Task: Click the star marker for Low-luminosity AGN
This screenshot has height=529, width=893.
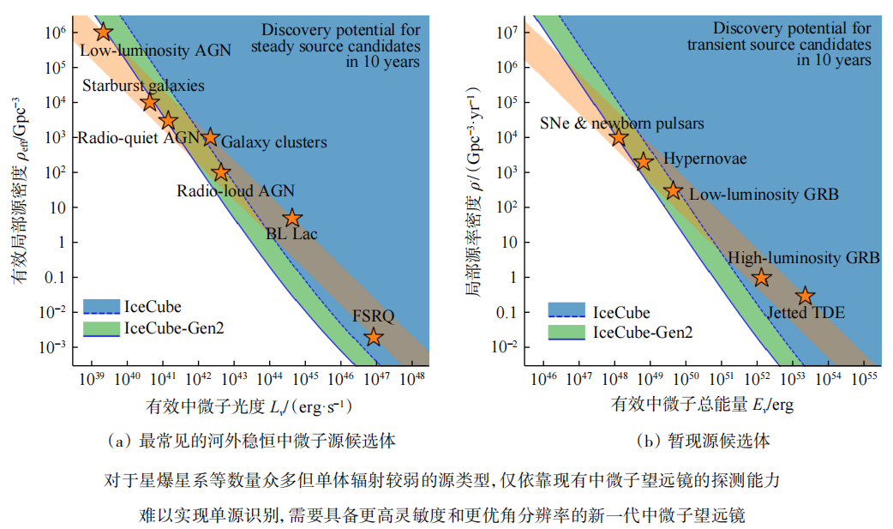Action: click(103, 32)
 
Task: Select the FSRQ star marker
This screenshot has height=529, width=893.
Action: click(373, 337)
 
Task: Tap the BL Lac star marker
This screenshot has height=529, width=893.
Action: click(293, 218)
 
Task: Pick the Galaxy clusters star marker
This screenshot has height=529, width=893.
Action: click(210, 137)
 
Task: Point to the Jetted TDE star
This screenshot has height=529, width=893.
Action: click(805, 296)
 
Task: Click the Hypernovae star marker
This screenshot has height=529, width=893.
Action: click(644, 161)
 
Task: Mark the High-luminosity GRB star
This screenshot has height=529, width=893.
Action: click(761, 277)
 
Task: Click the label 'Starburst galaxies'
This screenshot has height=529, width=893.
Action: click(143, 86)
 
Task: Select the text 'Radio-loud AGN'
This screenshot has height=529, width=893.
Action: click(236, 191)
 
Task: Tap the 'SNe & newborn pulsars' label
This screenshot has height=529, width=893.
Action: click(622, 123)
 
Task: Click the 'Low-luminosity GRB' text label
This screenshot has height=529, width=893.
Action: click(764, 195)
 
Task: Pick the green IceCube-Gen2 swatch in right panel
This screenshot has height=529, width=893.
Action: click(565, 333)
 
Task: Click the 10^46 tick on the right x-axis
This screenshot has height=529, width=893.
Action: click(544, 378)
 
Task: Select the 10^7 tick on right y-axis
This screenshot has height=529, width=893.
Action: click(509, 33)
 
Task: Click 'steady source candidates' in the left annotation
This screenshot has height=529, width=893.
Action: click(335, 46)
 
